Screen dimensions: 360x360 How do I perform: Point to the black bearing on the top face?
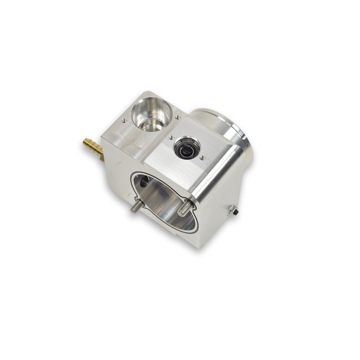(x=186, y=148)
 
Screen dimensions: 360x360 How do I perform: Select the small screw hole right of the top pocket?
(x=178, y=117)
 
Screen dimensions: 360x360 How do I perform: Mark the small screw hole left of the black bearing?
(x=171, y=137)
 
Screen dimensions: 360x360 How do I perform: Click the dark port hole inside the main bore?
(x=143, y=182)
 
